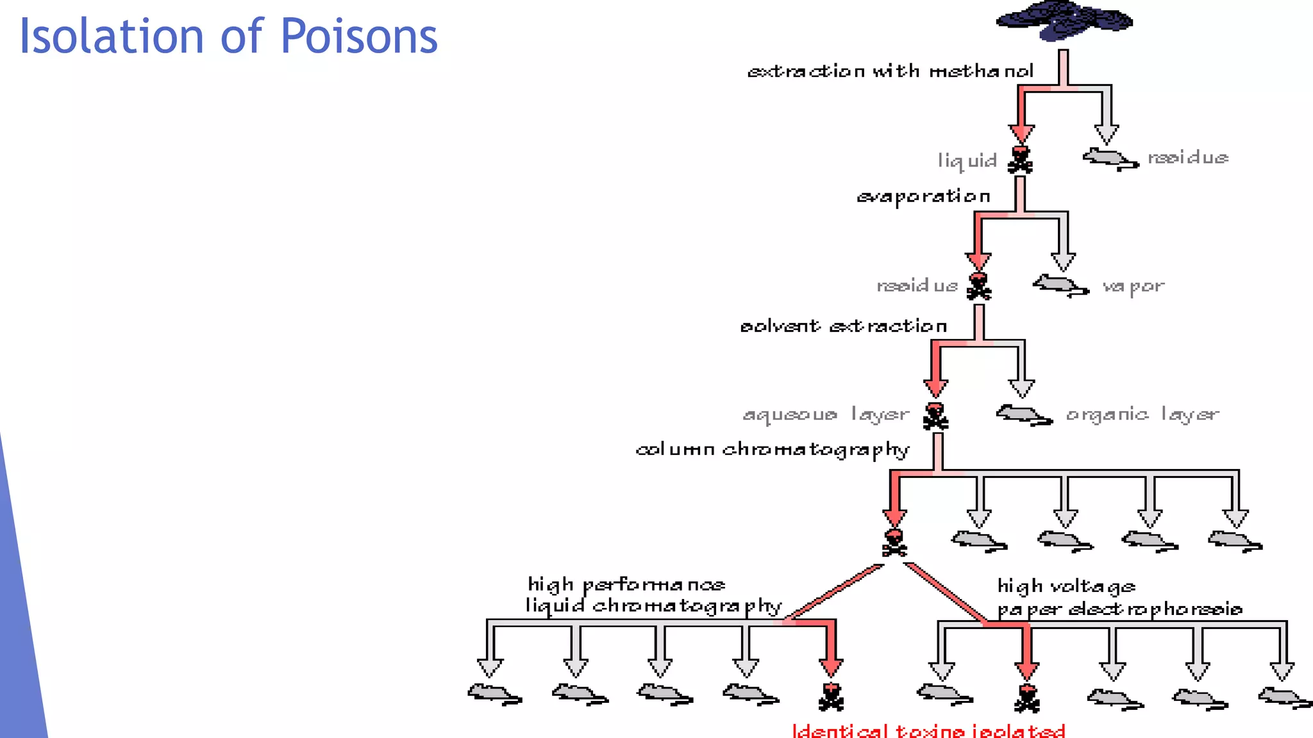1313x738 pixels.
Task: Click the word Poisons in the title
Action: [359, 36]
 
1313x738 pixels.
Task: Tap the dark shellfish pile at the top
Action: [1064, 20]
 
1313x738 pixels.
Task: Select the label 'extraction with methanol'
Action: [890, 70]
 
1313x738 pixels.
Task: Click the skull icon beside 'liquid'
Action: [1020, 160]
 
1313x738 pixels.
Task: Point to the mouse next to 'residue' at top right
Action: [1110, 158]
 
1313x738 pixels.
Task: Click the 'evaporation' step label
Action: [923, 197]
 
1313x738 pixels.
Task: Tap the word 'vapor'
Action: [1133, 286]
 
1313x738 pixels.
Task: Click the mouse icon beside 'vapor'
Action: [1060, 285]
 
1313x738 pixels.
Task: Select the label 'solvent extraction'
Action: [843, 326]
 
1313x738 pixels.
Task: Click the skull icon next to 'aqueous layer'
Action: [935, 416]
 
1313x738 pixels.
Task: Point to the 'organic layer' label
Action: [1142, 414]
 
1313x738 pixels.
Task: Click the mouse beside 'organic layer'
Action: [1023, 414]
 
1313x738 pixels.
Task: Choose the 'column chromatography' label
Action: [772, 450]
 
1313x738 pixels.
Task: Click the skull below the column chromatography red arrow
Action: [894, 543]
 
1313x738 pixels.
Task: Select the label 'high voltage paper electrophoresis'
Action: [1119, 598]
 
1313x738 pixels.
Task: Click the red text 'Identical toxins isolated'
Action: [928, 730]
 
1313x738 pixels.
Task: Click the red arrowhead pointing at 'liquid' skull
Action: [1021, 133]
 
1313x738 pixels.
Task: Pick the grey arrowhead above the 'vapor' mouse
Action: [1063, 261]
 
